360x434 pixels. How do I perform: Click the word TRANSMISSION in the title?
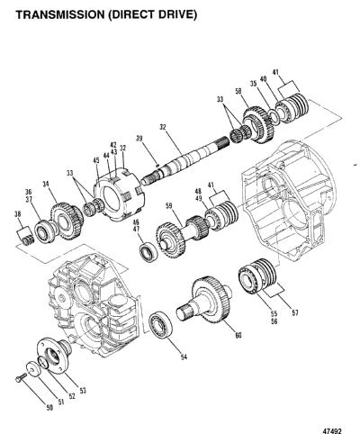coord(59,14)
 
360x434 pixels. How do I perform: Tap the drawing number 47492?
coord(332,431)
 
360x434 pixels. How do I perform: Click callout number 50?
coord(49,408)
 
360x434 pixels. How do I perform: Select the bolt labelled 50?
coord(20,378)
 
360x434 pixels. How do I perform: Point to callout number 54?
coord(184,357)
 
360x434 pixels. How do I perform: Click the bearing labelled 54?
coord(161,326)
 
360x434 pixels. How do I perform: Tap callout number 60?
coord(238,335)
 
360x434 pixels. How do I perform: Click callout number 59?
coord(169,206)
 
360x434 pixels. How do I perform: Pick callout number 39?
coord(139,139)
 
